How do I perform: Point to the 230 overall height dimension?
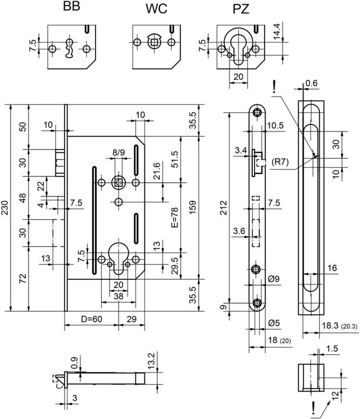[6, 207]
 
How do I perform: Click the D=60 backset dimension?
[91, 319]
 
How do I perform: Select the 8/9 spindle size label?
[118, 153]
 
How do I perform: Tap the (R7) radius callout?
[279, 161]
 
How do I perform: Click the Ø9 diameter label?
[275, 279]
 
